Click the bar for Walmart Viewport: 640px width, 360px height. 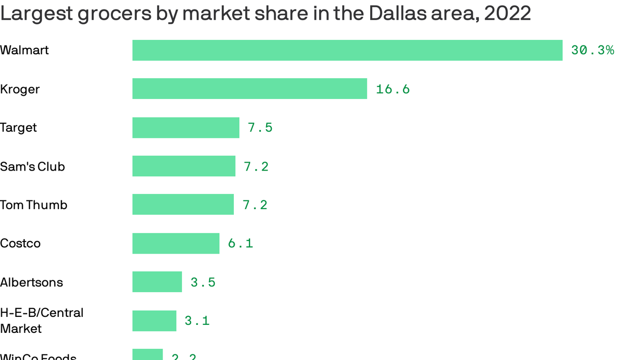347,50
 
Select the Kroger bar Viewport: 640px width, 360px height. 250,89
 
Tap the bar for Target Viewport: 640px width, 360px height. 186,127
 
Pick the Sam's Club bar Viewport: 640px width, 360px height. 184,166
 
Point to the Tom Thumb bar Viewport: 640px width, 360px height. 183,204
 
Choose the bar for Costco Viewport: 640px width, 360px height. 176,243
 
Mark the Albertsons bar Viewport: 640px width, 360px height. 157,282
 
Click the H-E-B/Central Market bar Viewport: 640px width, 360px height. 154,321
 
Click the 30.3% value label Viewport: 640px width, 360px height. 592,50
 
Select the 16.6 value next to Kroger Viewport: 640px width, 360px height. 393,89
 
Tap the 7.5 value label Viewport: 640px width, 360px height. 260,127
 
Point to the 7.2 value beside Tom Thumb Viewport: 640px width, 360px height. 255,205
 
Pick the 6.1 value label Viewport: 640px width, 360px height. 240,243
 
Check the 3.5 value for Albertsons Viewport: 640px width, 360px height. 203,282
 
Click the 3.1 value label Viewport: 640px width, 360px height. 197,321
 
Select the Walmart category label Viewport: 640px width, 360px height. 24,50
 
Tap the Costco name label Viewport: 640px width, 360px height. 20,243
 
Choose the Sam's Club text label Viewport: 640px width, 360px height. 32,166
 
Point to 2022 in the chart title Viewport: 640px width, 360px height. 507,14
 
